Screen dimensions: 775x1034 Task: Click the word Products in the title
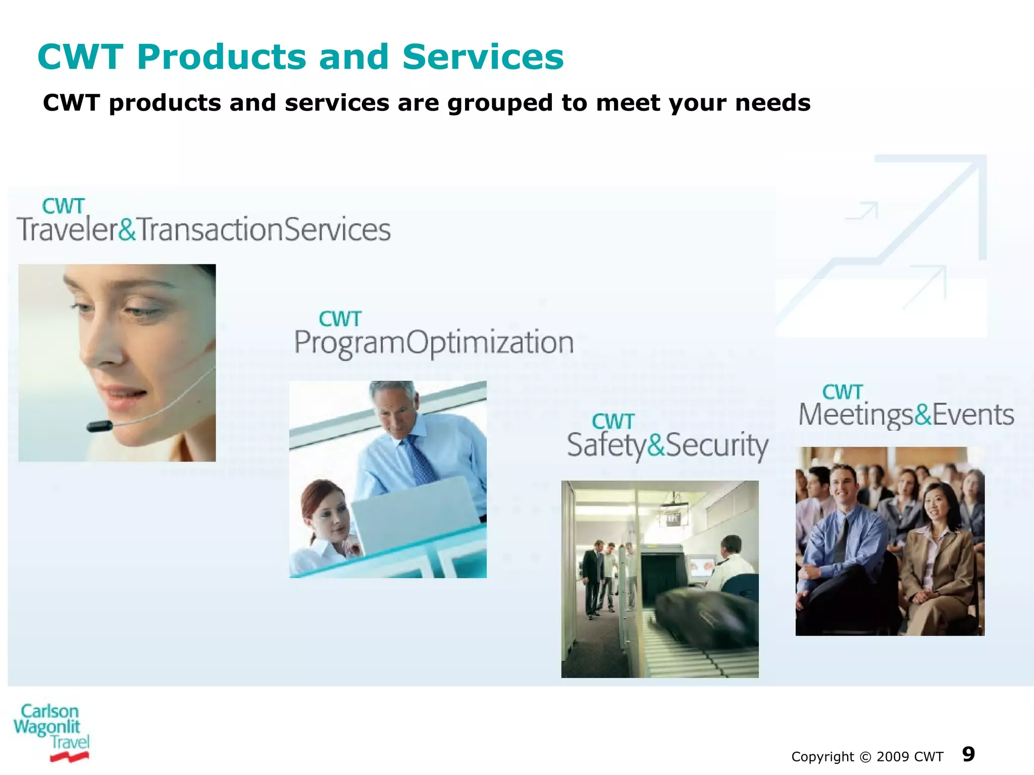pos(221,57)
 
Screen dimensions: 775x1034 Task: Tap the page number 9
pos(968,754)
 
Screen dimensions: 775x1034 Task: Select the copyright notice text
pos(866,757)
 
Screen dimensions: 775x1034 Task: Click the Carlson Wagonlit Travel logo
pos(50,732)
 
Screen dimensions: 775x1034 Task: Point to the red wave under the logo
pos(69,756)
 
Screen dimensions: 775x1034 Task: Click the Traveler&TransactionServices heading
pos(203,229)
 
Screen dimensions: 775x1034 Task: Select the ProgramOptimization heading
pos(433,343)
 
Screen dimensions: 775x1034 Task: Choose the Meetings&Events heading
pos(906,415)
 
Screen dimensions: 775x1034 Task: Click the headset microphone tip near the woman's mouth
pos(99,426)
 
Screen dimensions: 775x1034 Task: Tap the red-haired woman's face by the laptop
pos(331,517)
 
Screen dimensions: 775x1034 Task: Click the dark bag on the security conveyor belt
pos(702,613)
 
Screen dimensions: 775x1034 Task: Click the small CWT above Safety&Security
pos(612,422)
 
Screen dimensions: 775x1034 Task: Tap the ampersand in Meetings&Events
pos(922,415)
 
